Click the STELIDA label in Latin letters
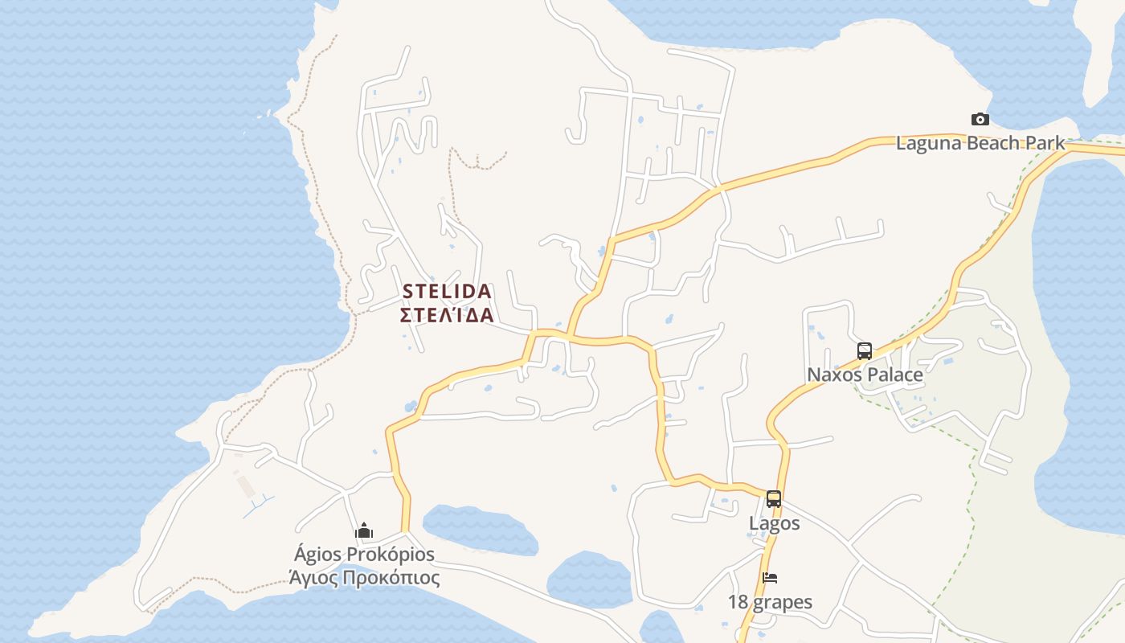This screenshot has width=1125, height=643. [446, 291]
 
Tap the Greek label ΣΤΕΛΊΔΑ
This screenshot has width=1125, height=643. [446, 314]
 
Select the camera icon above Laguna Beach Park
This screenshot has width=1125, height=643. [980, 120]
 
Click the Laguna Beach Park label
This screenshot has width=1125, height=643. [980, 144]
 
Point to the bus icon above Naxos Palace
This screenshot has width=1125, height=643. [865, 351]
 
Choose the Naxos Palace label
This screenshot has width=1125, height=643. [865, 375]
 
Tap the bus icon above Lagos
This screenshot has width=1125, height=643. [774, 499]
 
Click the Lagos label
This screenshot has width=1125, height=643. [774, 523]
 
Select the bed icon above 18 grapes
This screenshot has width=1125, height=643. [770, 578]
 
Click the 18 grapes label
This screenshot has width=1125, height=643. [770, 602]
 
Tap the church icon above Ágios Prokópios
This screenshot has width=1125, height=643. [364, 530]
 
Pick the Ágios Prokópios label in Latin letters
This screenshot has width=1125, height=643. [364, 555]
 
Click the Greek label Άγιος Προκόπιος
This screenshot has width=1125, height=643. [364, 578]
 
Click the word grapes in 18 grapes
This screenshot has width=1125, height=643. [782, 603]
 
